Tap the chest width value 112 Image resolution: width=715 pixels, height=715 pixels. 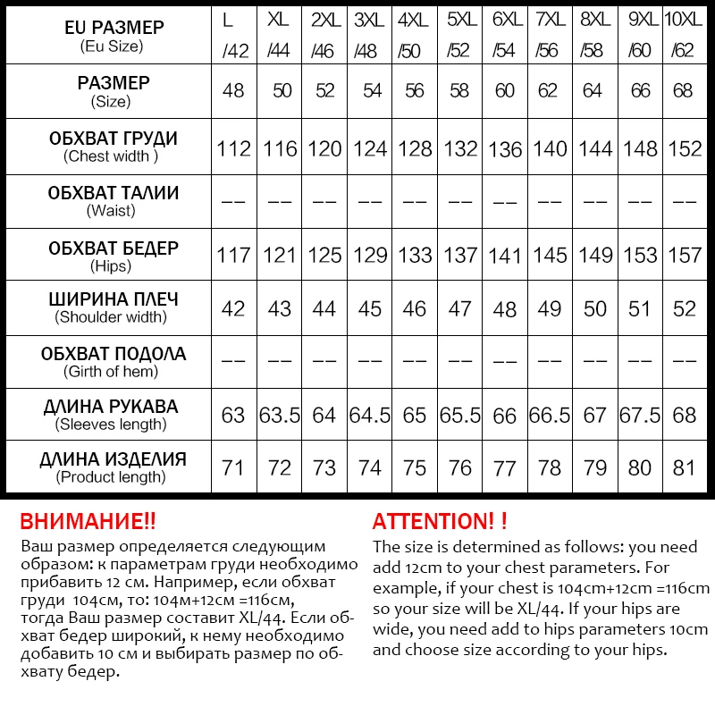(x=234, y=147)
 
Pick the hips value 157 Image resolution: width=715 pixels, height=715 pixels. (x=685, y=255)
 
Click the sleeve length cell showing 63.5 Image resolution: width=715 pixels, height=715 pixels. (x=280, y=416)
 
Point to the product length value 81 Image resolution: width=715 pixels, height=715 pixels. (x=685, y=467)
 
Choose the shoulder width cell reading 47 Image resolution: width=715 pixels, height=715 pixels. (x=459, y=308)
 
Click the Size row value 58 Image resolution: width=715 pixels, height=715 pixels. (x=459, y=90)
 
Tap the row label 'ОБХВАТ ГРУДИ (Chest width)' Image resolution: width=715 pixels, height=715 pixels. (x=113, y=147)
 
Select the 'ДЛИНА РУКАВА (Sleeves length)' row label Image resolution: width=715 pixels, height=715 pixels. (x=111, y=415)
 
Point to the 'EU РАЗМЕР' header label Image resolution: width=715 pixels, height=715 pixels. (x=114, y=28)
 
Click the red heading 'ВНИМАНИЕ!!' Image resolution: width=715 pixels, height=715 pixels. (x=88, y=521)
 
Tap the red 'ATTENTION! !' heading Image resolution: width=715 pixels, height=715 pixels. (x=440, y=521)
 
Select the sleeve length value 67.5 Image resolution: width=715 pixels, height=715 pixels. (x=640, y=416)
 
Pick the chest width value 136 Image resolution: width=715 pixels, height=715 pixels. (x=505, y=148)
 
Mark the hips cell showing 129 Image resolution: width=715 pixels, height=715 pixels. (x=370, y=255)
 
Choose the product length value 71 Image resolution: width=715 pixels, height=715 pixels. (x=234, y=467)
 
